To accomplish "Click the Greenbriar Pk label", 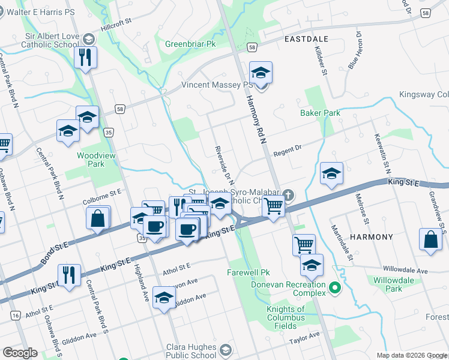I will (x=190, y=44).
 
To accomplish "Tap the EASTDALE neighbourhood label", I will (x=307, y=38).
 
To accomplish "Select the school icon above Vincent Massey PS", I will (x=261, y=73).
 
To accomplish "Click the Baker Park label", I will (x=321, y=113).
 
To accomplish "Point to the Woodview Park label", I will (x=91, y=159).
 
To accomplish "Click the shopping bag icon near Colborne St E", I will (x=98, y=218).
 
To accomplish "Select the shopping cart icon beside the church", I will (x=274, y=206).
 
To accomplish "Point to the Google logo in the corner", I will (x=20, y=353).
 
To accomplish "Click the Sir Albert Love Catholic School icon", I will (x=88, y=40).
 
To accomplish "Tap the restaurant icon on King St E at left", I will (x=69, y=275).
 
